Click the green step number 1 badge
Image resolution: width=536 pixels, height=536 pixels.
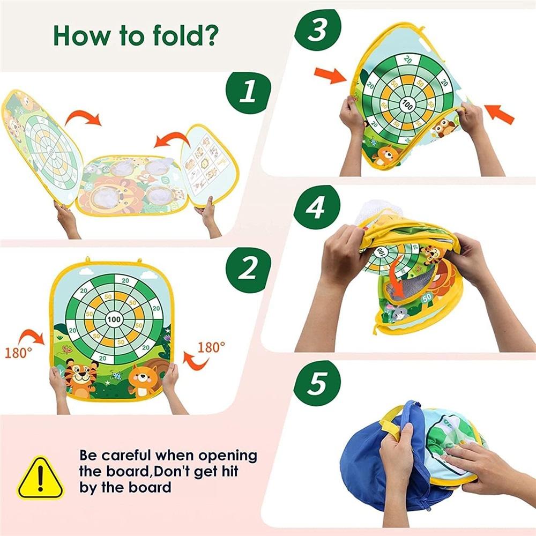click(x=247, y=92)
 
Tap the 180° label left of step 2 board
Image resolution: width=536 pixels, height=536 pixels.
click(x=19, y=353)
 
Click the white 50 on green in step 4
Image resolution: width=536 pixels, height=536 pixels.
click(x=427, y=296)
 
